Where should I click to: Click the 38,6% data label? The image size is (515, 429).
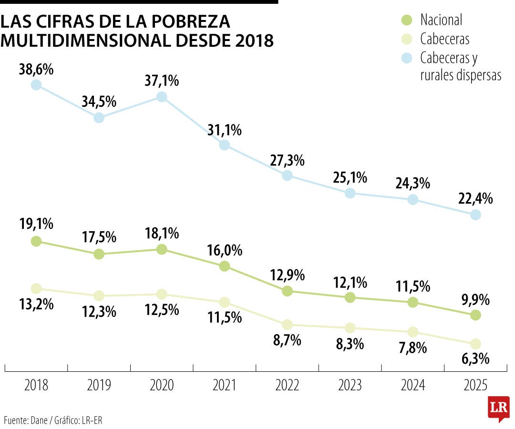point(36,69)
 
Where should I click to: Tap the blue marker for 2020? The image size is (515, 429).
point(162,97)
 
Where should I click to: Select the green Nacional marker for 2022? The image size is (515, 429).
point(287,291)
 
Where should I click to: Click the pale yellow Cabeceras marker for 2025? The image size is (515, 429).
point(475,344)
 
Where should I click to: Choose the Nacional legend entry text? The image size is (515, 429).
point(441,20)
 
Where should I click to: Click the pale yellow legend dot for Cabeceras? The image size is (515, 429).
point(406,39)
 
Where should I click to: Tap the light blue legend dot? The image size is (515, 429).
point(406,58)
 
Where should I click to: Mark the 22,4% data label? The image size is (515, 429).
point(475,199)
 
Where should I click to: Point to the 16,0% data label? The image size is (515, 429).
point(224,250)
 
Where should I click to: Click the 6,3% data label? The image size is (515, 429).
point(475,358)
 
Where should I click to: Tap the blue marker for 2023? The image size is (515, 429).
point(350,193)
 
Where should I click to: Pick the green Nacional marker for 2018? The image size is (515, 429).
point(36,241)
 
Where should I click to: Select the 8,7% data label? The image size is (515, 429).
point(287,340)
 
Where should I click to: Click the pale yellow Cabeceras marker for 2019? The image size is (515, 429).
point(99,296)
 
